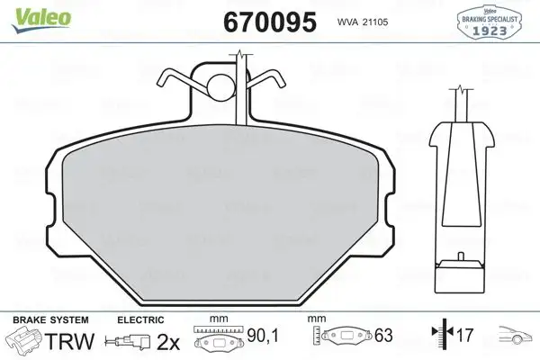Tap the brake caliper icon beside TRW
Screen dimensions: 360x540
click(25, 341)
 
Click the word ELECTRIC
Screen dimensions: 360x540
click(139, 319)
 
